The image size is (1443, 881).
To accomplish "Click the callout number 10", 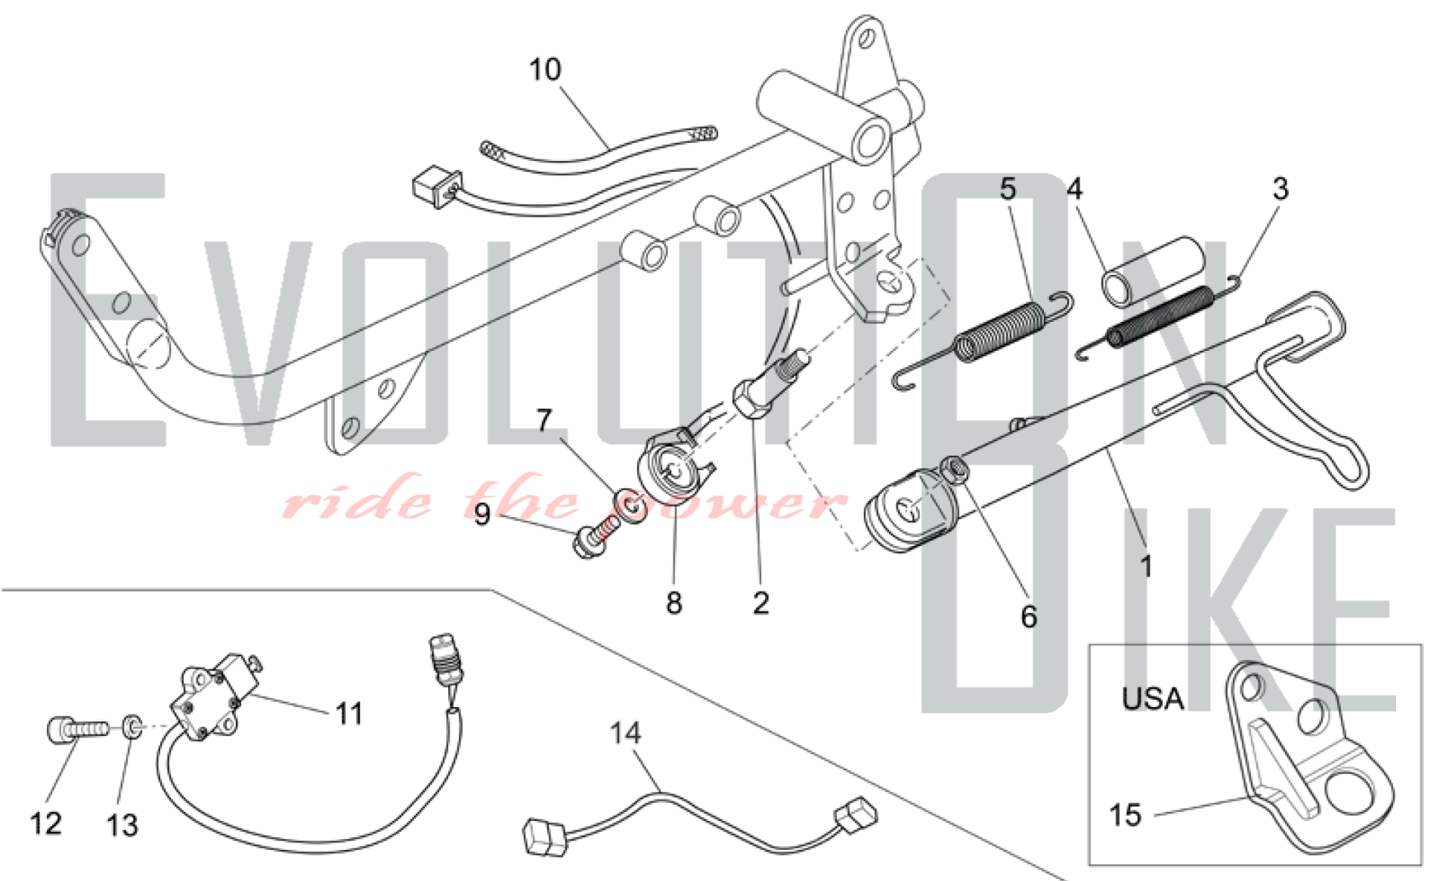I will click(545, 70).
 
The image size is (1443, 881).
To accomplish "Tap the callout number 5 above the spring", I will click(1007, 189).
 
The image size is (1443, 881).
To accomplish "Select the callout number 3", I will click(1280, 189).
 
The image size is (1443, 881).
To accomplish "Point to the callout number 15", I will click(1125, 815).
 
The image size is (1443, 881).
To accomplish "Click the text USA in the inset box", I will click(1152, 699).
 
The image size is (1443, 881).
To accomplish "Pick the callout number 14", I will click(625, 734).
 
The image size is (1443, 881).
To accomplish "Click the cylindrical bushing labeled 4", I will click(1153, 272).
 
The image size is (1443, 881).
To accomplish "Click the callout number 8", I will click(674, 603).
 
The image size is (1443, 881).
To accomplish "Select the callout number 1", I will click(1146, 567).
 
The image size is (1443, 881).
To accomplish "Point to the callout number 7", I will click(544, 420).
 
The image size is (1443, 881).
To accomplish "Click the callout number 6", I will click(1029, 617).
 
